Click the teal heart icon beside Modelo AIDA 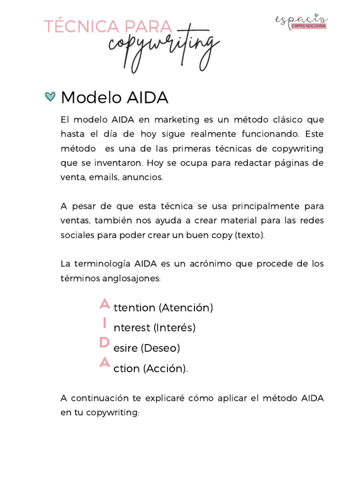click(50, 97)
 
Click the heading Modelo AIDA click(114, 97)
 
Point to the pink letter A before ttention click(105, 304)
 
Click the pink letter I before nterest click(105, 324)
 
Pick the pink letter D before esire click(105, 343)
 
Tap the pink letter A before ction click(105, 363)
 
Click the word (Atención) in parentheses click(186, 308)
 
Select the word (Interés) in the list click(174, 328)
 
